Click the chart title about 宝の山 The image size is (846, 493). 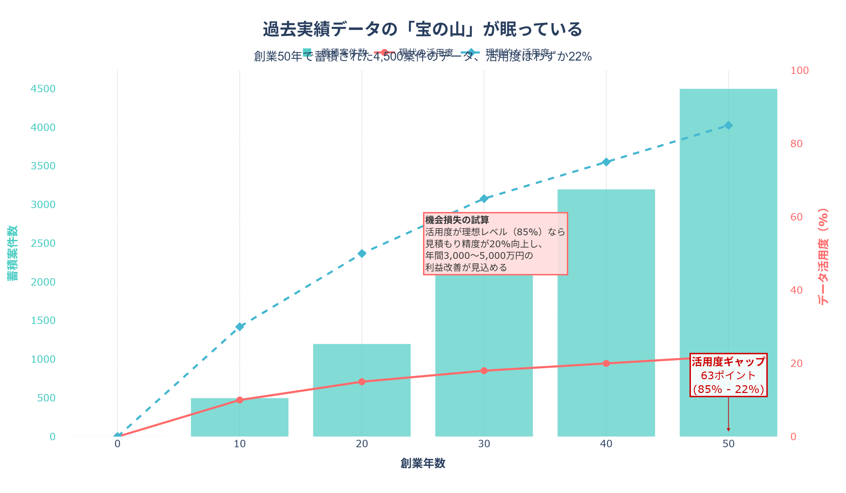422,29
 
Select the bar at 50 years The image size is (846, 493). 728,246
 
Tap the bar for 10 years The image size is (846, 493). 239,419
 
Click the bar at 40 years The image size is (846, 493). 606,282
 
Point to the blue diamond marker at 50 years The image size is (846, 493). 728,125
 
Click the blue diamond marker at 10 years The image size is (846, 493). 240,327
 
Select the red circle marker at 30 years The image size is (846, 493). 484,371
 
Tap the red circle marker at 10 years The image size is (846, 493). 240,400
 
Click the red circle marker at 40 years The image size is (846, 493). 606,363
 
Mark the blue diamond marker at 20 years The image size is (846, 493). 362,254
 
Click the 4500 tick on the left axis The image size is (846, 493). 43,89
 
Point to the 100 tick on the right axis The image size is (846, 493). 799,70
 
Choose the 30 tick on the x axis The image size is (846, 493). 484,444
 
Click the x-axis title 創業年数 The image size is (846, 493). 423,463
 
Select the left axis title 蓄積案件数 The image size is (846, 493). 12,254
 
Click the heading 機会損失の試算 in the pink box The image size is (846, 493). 457,220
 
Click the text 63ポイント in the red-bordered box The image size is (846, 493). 728,376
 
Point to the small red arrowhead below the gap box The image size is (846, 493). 728,430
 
